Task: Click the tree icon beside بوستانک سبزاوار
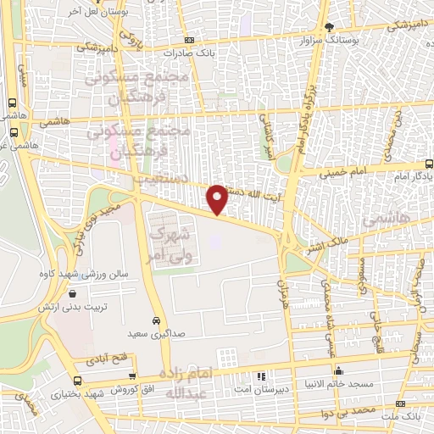[x=331, y=27]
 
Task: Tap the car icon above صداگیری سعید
[x=157, y=320]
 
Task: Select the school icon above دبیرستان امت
[x=261, y=374]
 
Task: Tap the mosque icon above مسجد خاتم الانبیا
[x=338, y=370]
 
